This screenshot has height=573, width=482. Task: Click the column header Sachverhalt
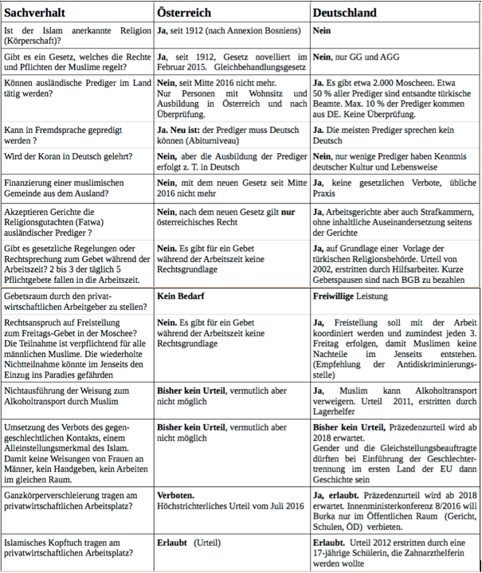[x=35, y=13]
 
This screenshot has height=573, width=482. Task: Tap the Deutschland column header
[x=345, y=13]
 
